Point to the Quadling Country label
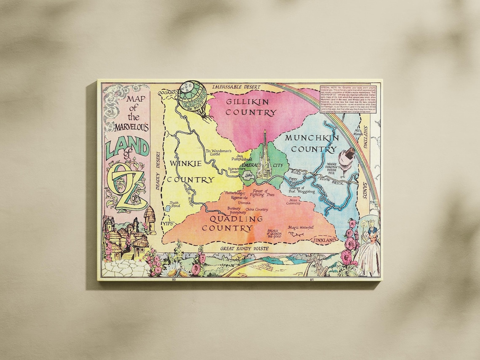tap(229, 223)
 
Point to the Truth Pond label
tap(174, 205)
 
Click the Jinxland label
tap(324, 240)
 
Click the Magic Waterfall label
tap(301, 228)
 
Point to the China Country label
tap(256, 209)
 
